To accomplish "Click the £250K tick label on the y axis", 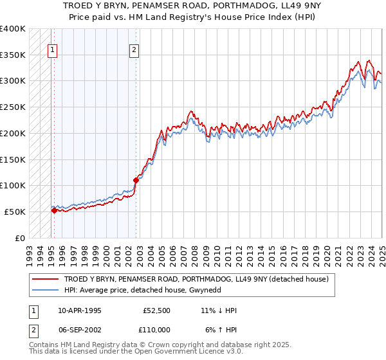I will click(x=13, y=107).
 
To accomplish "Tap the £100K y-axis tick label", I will click(x=13, y=185).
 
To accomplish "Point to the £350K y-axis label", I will click(x=13, y=55).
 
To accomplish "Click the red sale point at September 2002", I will click(x=136, y=180).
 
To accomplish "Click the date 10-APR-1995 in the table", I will click(x=79, y=310).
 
